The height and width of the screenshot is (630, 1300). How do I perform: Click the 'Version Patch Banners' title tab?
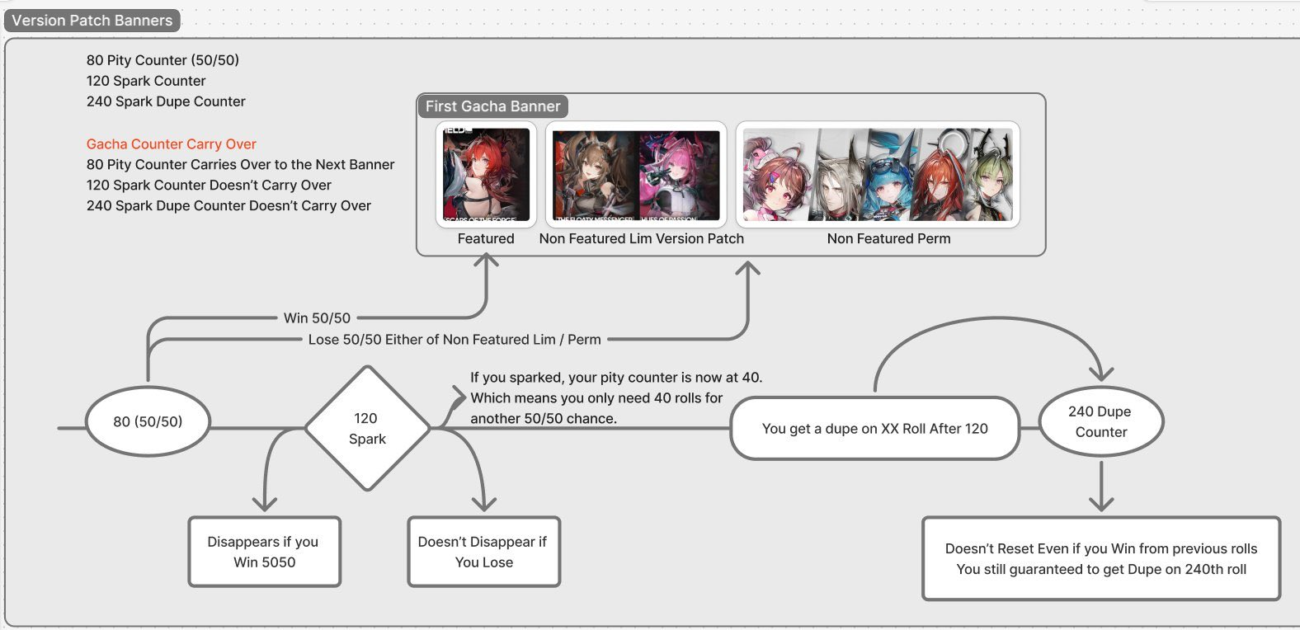[x=92, y=21]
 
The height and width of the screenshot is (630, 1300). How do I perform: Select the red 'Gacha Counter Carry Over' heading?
[x=172, y=144]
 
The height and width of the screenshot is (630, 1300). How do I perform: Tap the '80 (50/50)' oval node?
[x=148, y=421]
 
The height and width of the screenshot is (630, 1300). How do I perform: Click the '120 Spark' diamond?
[x=367, y=429]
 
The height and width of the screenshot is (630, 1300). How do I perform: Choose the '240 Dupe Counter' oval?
[x=1100, y=421]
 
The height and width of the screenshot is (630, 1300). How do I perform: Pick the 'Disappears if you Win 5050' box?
[x=264, y=552]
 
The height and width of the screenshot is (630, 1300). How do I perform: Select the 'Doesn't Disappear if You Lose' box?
[x=483, y=552]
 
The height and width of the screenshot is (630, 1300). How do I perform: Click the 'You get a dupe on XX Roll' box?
[x=874, y=429]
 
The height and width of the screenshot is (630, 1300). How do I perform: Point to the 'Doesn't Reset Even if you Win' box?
[x=1100, y=558]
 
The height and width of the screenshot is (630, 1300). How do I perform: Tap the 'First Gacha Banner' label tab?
[x=492, y=106]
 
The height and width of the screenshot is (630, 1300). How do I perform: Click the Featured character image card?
[x=486, y=175]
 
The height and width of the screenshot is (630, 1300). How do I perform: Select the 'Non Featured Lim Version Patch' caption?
[x=641, y=239]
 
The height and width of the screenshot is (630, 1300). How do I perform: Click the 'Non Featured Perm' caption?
[x=888, y=239]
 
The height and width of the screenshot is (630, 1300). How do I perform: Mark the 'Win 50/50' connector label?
[x=317, y=318]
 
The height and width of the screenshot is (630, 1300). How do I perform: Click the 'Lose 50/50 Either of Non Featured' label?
[x=455, y=340]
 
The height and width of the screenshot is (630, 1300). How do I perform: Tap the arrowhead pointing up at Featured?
[x=487, y=261]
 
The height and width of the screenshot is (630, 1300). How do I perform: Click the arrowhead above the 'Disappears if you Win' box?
[x=265, y=502]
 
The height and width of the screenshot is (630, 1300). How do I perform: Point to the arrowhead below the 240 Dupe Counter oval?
[x=1101, y=502]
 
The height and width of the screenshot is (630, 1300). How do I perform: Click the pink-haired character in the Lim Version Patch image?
[x=678, y=175]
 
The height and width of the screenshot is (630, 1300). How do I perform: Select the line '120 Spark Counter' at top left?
[x=146, y=81]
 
